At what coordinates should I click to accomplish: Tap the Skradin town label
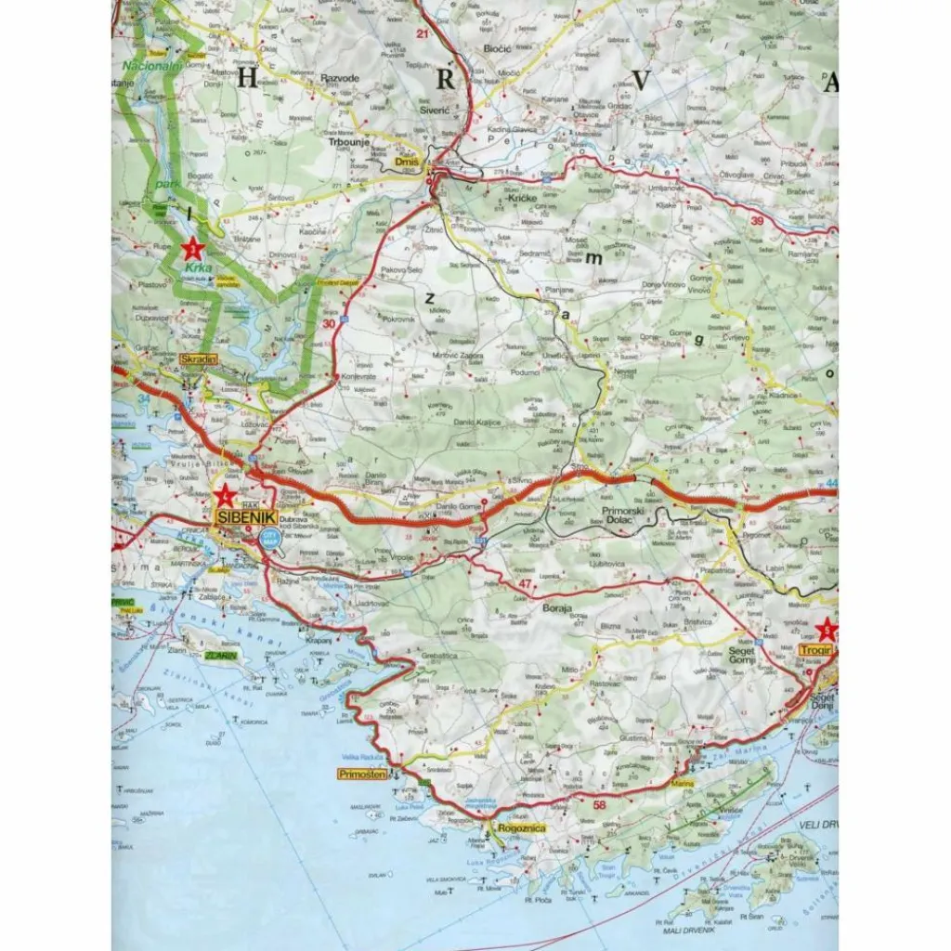[x=199, y=358]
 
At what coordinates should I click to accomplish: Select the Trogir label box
[x=814, y=650]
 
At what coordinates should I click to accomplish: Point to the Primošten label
[x=362, y=774]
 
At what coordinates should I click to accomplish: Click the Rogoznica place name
[x=521, y=828]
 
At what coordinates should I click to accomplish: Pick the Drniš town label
[x=407, y=162]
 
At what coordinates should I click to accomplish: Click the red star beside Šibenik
[x=223, y=495]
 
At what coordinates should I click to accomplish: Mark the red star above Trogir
[x=827, y=631]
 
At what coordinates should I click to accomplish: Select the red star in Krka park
[x=192, y=248]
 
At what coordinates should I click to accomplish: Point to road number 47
[x=527, y=583]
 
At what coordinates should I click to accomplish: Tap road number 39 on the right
[x=757, y=220]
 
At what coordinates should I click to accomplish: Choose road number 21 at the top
[x=423, y=34]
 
